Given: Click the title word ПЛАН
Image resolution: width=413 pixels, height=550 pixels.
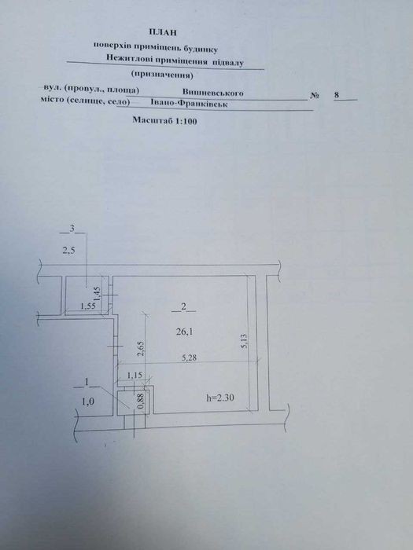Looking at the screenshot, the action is tap(163, 33).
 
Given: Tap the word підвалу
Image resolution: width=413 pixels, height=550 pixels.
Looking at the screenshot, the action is tap(227, 62).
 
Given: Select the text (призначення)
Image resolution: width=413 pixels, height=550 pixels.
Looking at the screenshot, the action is tap(162, 75).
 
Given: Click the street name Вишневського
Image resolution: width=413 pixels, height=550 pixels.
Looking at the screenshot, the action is tap(213, 93).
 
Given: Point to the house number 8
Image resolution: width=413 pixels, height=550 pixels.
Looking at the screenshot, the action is tap(337, 95).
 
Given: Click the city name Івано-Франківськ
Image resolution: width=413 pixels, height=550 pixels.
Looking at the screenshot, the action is tap(189, 104).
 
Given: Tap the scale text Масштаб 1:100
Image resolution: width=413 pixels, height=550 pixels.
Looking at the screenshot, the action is tap(164, 120).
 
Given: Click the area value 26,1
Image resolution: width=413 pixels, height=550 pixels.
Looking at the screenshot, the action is tap(184, 332).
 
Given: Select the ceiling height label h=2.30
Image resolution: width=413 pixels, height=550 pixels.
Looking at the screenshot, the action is tap(220, 398).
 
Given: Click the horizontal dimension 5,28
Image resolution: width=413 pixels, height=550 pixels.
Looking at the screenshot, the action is tap(190, 358).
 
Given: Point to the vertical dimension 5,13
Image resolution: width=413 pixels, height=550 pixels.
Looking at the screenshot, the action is tap(245, 340).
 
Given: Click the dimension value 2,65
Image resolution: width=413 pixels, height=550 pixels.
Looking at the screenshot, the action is tap(141, 348).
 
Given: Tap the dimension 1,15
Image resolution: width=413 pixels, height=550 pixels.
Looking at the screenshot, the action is tap(135, 376).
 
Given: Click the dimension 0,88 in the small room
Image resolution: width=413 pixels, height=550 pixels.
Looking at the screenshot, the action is tap(141, 401).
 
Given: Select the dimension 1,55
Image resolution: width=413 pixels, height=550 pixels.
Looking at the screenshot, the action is tap(88, 306).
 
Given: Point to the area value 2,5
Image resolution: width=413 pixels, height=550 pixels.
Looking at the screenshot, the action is tap(68, 251).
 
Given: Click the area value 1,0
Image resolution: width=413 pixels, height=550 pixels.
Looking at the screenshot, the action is tap(88, 402).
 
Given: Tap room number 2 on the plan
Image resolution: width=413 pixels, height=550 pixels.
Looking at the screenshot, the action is tap(183, 306).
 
